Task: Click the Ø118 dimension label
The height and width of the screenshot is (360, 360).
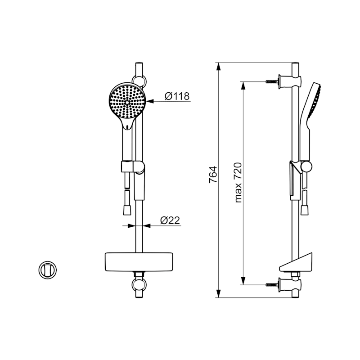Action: point(177,96)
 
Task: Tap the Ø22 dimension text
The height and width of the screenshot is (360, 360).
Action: point(170,220)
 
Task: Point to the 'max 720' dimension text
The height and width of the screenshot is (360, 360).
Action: point(238,183)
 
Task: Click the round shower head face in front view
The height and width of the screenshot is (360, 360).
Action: point(127,101)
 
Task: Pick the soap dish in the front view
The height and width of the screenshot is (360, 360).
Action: point(139,262)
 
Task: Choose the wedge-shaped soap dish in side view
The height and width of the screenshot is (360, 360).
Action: point(296,262)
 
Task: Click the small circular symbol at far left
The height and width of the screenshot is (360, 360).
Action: point(48,270)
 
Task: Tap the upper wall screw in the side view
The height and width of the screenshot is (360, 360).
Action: point(272,81)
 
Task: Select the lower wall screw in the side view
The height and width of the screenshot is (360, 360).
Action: point(272,285)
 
